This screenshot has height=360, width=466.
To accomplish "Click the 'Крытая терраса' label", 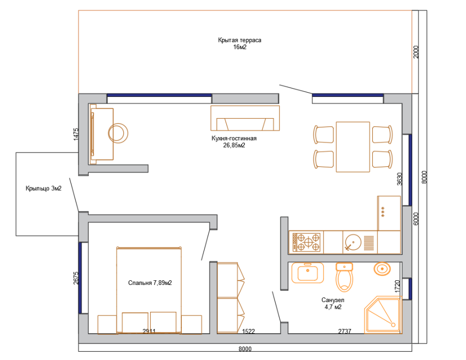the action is [240, 40].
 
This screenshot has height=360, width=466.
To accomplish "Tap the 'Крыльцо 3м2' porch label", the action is [43, 188].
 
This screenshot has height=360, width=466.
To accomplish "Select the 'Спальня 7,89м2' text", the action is [150, 283].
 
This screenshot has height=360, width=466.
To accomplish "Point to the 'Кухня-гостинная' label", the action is [234, 138].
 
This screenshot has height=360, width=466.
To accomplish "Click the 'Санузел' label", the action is [333, 300].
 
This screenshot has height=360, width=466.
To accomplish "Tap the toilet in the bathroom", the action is [344, 277].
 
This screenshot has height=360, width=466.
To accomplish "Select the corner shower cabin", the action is [383, 315].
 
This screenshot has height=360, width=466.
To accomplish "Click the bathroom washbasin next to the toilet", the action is [307, 272].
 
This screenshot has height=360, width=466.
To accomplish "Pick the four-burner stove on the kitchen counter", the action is [306, 242].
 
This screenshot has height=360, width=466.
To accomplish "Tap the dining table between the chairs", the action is [353, 147].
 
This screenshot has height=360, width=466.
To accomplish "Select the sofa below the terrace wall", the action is [245, 118].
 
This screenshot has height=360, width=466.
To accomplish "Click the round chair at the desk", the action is [118, 133].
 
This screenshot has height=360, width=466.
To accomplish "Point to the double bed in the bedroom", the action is [149, 290].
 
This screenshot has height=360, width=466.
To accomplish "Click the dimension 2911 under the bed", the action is [149, 331].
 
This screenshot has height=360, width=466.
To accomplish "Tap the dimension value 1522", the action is [249, 331].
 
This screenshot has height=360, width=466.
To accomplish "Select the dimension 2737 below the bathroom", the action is [345, 331].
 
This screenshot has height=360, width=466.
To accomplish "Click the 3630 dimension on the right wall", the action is [400, 179].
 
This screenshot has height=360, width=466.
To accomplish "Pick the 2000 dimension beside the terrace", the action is [416, 52].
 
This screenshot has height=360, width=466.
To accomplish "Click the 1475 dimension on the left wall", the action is [76, 134].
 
